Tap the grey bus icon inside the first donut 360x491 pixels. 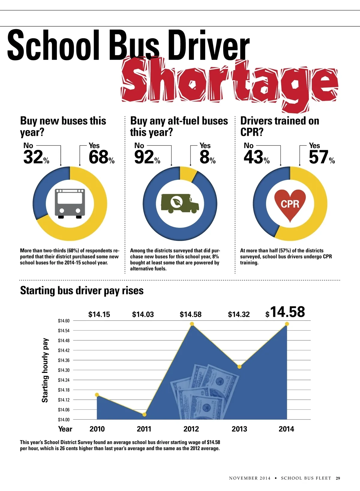(x=70, y=203)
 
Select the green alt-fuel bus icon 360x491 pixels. (x=180, y=203)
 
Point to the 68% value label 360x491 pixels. (x=101, y=157)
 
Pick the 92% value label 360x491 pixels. (x=147, y=157)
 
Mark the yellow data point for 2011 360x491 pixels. (x=144, y=414)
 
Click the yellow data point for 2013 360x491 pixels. (x=239, y=367)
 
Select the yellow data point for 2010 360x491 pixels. (x=97, y=394)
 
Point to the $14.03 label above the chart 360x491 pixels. (x=143, y=314)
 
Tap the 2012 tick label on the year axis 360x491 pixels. (x=191, y=429)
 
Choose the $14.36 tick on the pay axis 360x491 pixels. (x=64, y=360)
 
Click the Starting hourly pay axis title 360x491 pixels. (x=45, y=370)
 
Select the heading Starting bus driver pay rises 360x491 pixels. (x=82, y=290)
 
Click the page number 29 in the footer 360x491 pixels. (x=338, y=478)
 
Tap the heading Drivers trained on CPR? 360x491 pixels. (x=280, y=126)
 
